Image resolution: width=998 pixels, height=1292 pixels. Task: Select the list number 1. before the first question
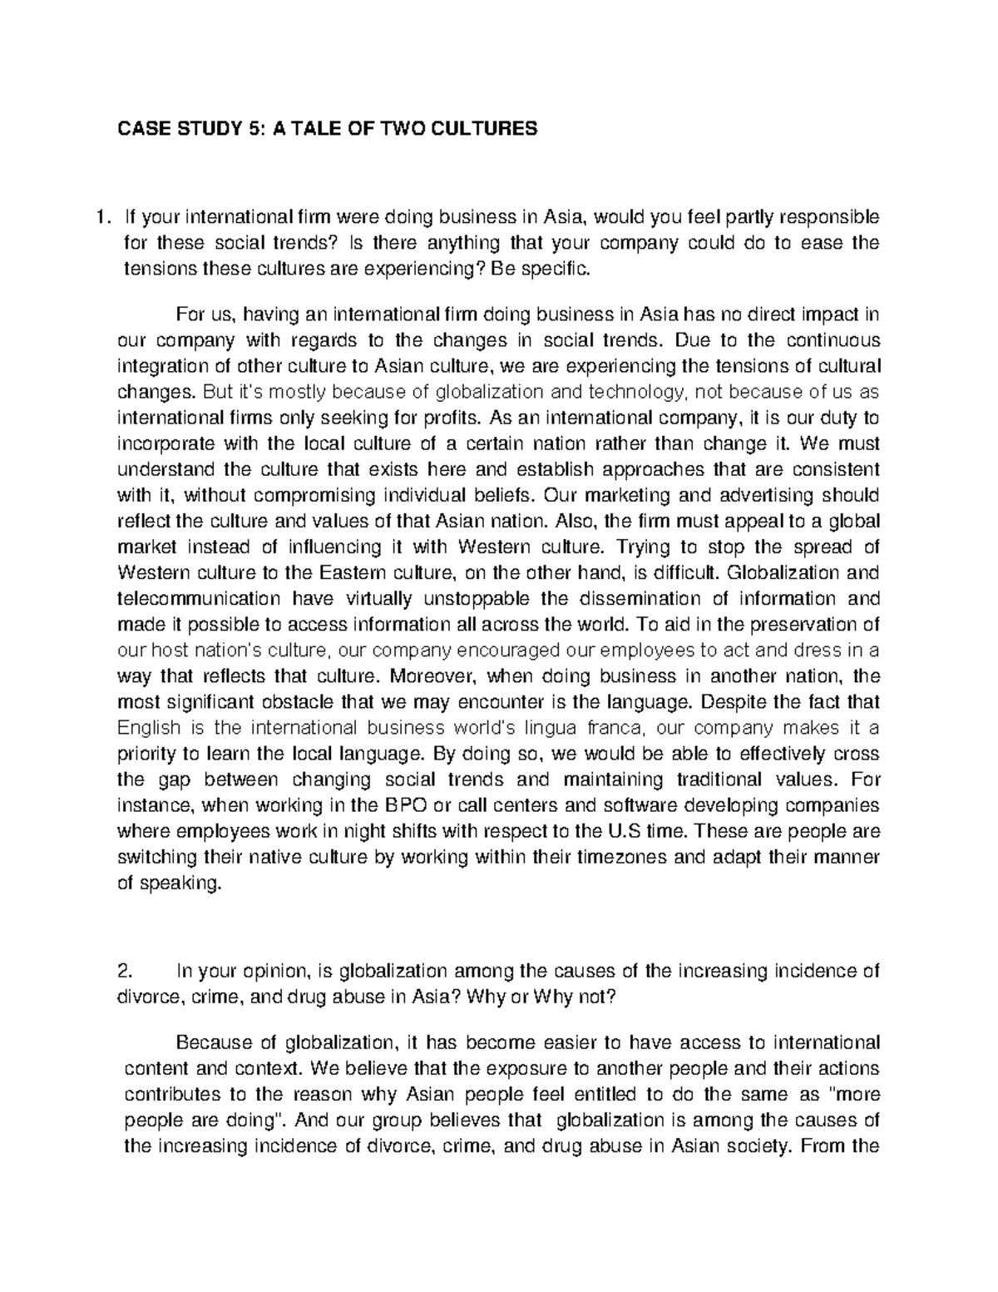102,218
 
